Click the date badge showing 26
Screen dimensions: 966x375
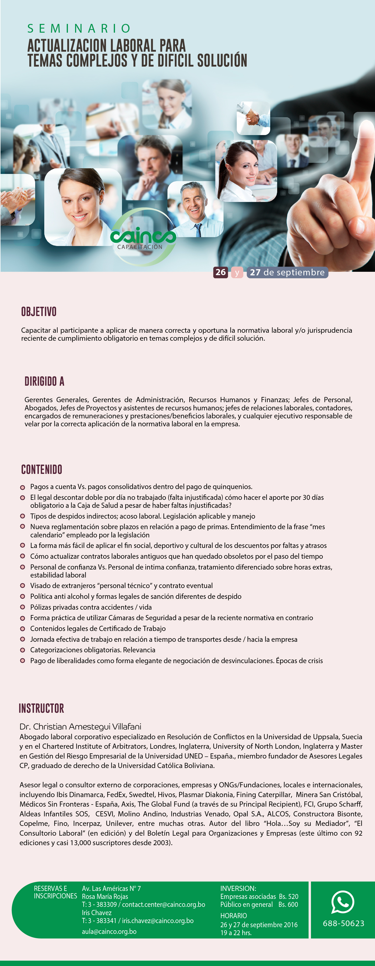[x=220, y=272]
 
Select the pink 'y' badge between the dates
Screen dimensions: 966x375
[x=237, y=273]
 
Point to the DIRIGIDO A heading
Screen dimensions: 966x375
[x=44, y=381]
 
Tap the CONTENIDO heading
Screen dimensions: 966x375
[x=42, y=470]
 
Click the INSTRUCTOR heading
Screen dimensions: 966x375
[x=41, y=708]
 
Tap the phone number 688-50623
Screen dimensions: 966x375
[x=344, y=923]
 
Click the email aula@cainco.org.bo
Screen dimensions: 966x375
[x=109, y=932]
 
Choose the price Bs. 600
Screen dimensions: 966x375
[x=288, y=905]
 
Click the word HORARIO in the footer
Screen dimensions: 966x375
[x=233, y=916]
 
